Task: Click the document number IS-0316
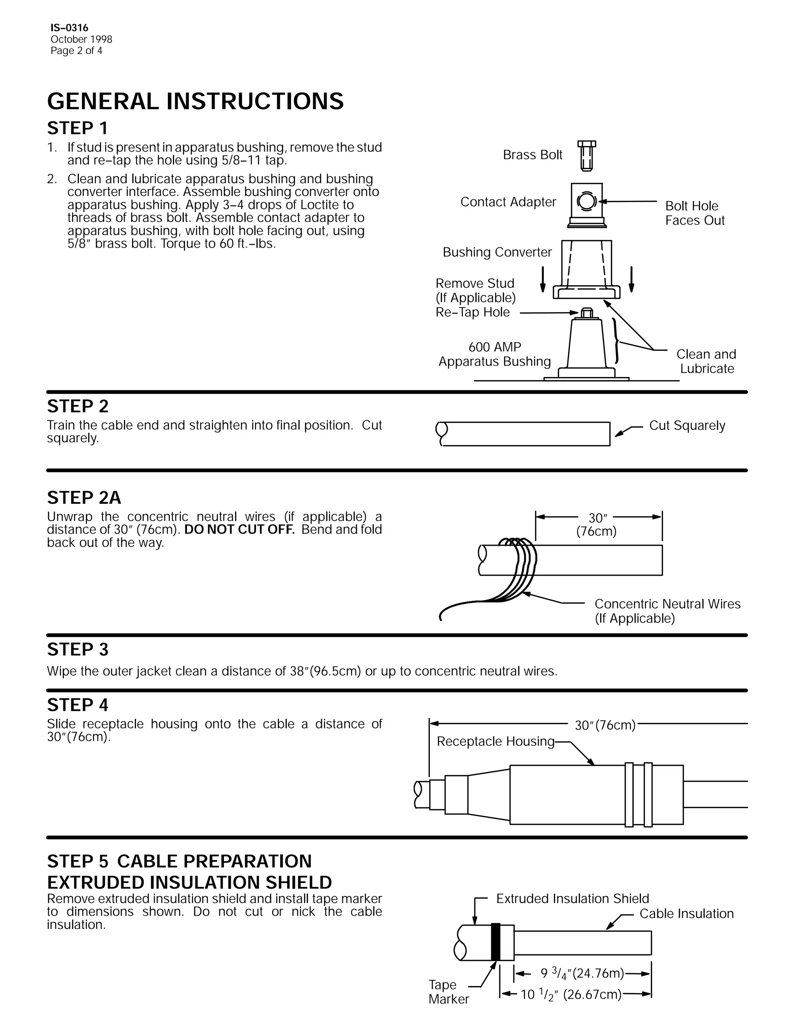coord(69,28)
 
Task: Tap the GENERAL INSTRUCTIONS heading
coord(195,101)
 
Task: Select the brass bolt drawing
coord(586,155)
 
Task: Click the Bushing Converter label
coord(497,252)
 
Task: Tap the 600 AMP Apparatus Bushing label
coord(495,354)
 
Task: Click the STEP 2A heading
coord(84,498)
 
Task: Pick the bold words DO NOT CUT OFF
coord(239,530)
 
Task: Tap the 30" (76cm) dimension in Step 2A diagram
coord(596,524)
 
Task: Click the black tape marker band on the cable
coord(495,942)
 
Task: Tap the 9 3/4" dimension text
coord(582,973)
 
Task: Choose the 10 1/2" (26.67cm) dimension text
coord(571,995)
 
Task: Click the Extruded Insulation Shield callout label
coord(572,899)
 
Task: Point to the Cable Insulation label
coord(686,914)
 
